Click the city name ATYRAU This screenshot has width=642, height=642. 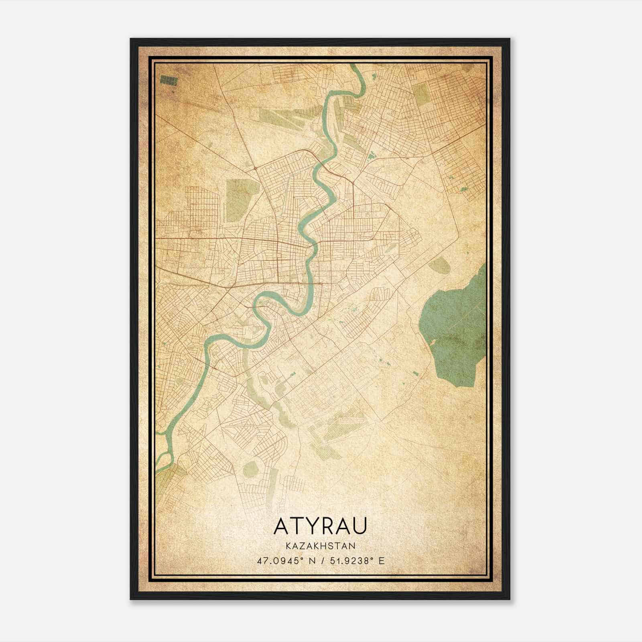tap(320, 526)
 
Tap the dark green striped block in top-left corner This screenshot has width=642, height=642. tap(169, 80)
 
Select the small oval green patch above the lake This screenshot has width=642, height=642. tap(439, 265)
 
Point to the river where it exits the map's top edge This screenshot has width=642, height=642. tap(355, 67)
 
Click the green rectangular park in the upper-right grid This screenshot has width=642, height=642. tap(422, 95)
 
